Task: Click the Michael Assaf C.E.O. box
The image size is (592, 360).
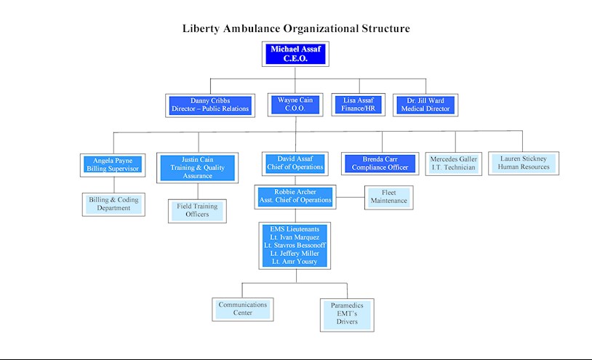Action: point(295,54)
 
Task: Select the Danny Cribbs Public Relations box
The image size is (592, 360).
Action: point(210,105)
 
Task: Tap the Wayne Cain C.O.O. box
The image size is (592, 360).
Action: point(295,105)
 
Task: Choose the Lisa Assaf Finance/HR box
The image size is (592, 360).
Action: point(359,105)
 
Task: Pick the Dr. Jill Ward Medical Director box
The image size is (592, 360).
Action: point(425,105)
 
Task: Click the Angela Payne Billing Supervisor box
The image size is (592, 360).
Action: point(113,165)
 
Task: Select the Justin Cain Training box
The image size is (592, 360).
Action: point(198,168)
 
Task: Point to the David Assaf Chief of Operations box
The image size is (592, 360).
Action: point(295,164)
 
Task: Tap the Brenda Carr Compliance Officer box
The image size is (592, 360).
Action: point(380,164)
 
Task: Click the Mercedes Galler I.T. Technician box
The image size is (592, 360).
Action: point(453,164)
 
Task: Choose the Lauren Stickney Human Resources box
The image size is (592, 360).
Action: point(524,163)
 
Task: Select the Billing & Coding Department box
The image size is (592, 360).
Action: point(113,204)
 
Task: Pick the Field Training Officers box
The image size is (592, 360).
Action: point(198,211)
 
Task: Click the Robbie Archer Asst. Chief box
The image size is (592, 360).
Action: point(295,196)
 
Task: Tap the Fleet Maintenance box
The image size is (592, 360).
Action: point(389,197)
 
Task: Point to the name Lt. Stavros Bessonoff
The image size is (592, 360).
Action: point(295,245)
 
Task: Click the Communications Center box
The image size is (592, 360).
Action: point(243,309)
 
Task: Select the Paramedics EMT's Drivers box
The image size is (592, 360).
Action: point(347,315)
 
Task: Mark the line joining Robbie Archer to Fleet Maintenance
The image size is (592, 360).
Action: point(351,197)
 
